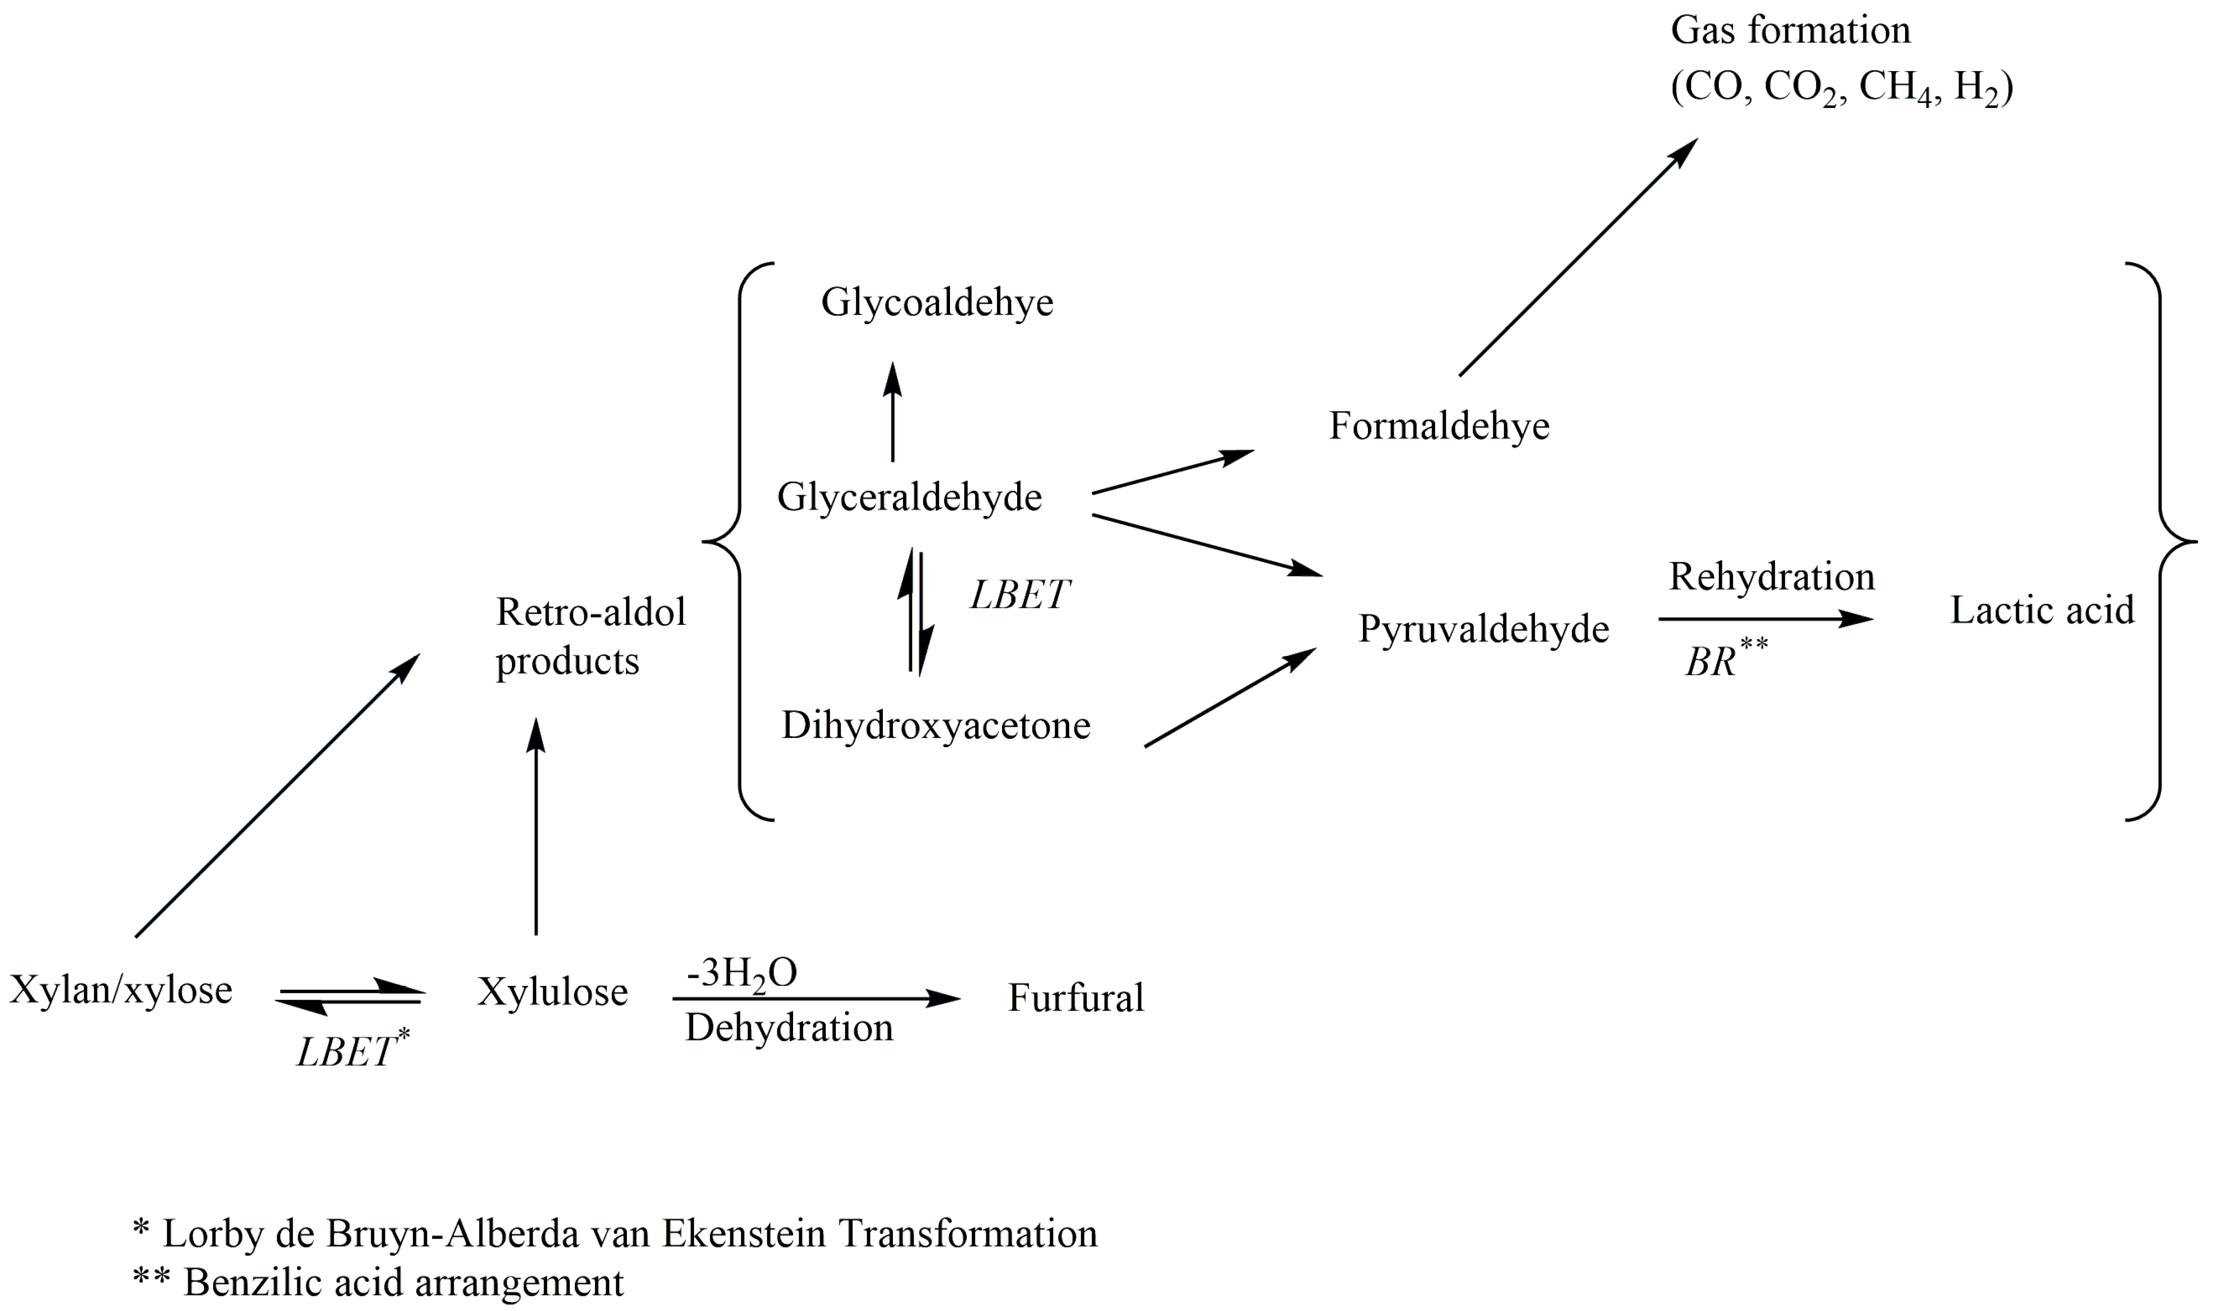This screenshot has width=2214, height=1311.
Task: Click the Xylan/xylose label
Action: (121, 990)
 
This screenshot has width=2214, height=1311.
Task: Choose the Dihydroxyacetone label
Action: (935, 726)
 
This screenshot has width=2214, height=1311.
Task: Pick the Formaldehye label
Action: (1439, 427)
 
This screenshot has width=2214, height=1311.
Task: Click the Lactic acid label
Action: (2042, 610)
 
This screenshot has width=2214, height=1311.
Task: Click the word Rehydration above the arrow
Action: (1771, 577)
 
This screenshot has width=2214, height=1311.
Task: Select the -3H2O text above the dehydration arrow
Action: (742, 973)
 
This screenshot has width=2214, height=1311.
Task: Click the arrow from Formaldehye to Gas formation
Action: (1578, 257)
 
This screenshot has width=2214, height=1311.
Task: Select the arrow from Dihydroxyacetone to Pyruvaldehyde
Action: (1229, 698)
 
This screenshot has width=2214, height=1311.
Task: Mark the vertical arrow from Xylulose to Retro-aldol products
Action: (535, 826)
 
